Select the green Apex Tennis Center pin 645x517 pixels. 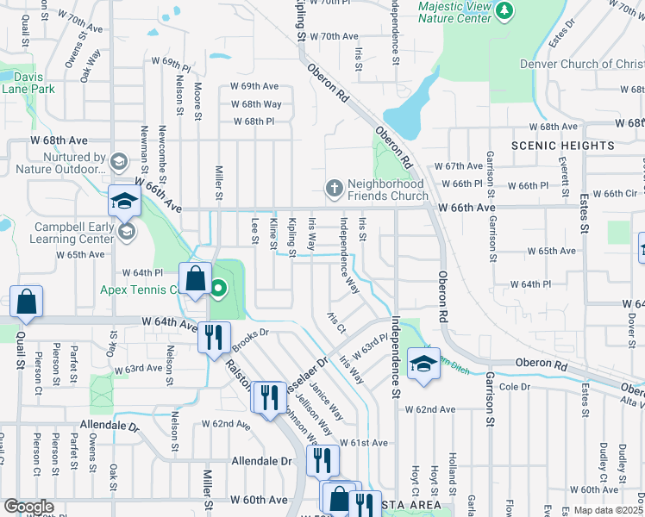(219, 288)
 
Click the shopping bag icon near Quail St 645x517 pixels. (27, 302)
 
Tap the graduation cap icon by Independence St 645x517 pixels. (423, 364)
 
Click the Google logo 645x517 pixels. (28, 507)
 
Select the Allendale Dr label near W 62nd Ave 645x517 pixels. (110, 427)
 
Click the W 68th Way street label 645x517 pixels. (256, 104)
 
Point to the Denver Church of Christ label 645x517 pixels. (581, 64)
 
